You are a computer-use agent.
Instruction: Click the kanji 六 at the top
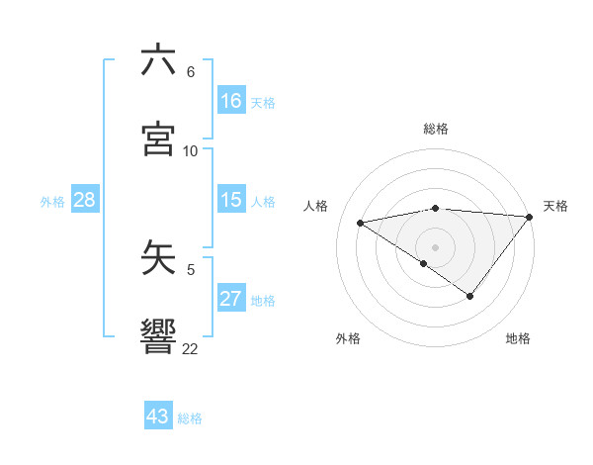point(159,60)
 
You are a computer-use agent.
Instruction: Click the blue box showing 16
point(231,100)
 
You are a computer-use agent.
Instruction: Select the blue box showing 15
point(231,199)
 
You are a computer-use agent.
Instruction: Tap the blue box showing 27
point(231,298)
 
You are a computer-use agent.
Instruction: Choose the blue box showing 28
point(85,199)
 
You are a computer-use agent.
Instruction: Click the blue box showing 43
point(158,417)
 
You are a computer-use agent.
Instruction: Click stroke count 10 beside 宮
point(191,150)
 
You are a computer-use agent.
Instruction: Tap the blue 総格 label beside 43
point(190,418)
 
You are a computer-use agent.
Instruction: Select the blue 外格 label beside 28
point(52,201)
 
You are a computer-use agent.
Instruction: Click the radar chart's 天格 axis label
point(555,206)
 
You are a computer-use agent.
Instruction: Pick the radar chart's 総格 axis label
point(436,129)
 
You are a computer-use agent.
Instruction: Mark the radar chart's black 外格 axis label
point(348,338)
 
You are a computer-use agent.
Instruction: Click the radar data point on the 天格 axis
point(530,216)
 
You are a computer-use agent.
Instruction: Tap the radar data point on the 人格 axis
point(361,222)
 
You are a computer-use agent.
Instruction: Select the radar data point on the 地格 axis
point(470,296)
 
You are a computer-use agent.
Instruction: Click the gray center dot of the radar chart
point(436,246)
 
